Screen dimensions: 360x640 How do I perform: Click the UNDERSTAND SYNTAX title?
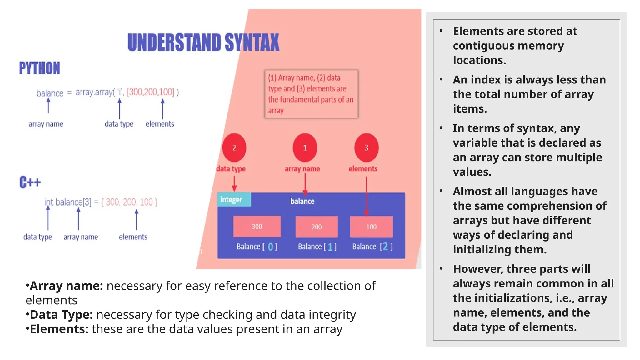203,42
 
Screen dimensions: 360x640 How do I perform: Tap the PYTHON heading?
39,68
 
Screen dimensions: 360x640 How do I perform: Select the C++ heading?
30,182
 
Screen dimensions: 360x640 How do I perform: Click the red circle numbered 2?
234,147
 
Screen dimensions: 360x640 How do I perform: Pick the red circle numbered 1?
305,147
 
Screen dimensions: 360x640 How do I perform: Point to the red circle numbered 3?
366,147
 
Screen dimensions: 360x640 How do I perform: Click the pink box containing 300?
257,227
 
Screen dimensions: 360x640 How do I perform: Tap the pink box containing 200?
317,227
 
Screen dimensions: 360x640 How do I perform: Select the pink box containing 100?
371,227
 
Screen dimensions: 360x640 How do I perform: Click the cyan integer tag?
234,199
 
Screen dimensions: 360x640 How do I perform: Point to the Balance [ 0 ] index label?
257,247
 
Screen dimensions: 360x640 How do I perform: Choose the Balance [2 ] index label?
372,247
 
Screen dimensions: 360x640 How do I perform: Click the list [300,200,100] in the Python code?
150,92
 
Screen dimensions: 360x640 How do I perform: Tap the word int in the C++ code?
49,202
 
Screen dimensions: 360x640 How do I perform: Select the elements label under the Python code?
160,124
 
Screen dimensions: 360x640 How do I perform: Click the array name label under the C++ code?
81,237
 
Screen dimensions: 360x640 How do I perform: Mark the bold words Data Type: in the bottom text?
61,315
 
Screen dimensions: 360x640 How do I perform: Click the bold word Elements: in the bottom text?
59,329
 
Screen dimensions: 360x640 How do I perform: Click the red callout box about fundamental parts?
311,94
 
